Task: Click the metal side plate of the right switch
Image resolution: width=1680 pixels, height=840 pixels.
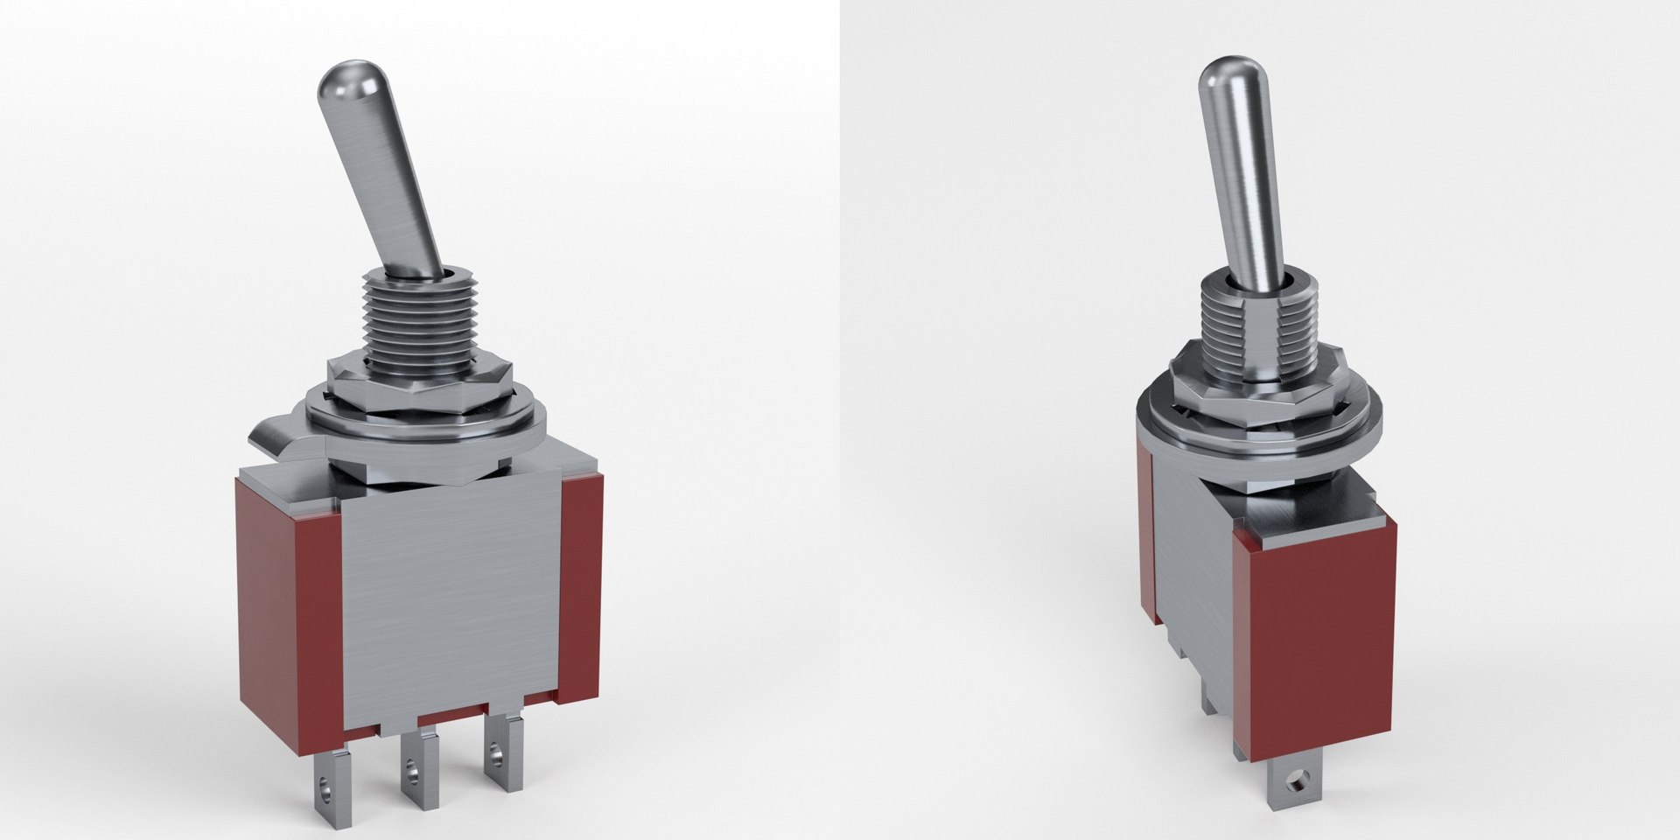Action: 1194,569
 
